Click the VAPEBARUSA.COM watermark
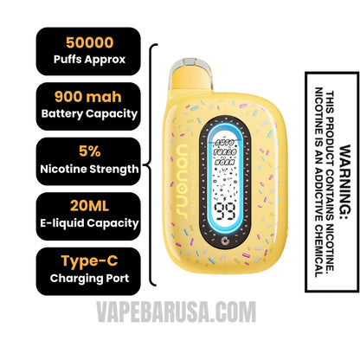pos(179,331)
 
